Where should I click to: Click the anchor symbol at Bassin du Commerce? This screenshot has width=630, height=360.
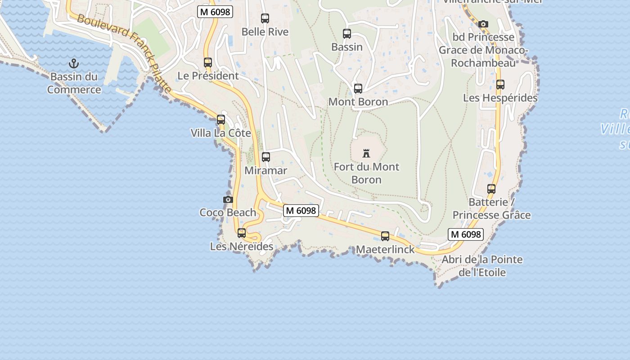pyautogui.click(x=74, y=63)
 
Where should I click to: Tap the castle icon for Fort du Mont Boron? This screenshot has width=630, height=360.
pyautogui.click(x=366, y=153)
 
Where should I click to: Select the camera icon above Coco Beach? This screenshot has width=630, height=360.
pyautogui.click(x=228, y=199)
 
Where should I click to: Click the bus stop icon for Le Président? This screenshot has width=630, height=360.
pyautogui.click(x=208, y=63)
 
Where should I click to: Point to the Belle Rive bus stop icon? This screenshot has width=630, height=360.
pyautogui.click(x=265, y=18)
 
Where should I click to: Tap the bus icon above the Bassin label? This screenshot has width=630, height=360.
pyautogui.click(x=347, y=33)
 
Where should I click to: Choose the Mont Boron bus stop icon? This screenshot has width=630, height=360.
pyautogui.click(x=358, y=89)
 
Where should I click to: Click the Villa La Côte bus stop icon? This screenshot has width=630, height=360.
pyautogui.click(x=221, y=120)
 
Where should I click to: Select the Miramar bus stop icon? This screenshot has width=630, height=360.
pyautogui.click(x=266, y=157)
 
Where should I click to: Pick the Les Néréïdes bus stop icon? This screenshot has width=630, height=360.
pyautogui.click(x=242, y=233)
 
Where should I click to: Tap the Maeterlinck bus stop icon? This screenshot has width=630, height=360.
pyautogui.click(x=385, y=236)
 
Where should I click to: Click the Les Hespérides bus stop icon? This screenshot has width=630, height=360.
pyautogui.click(x=500, y=85)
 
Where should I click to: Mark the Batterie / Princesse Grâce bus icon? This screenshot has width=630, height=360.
pyautogui.click(x=491, y=189)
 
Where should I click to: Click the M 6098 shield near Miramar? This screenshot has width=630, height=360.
pyautogui.click(x=301, y=210)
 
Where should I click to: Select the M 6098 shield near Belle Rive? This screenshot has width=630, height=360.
pyautogui.click(x=215, y=12)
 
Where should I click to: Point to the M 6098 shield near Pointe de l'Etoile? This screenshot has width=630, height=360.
pyautogui.click(x=466, y=234)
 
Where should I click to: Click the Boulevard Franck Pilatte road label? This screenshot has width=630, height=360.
pyautogui.click(x=124, y=53)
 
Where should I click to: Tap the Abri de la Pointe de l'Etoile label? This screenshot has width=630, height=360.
pyautogui.click(x=482, y=266)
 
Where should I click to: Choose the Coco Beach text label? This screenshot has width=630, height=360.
pyautogui.click(x=228, y=212)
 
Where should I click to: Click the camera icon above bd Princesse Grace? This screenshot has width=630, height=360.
pyautogui.click(x=483, y=24)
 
